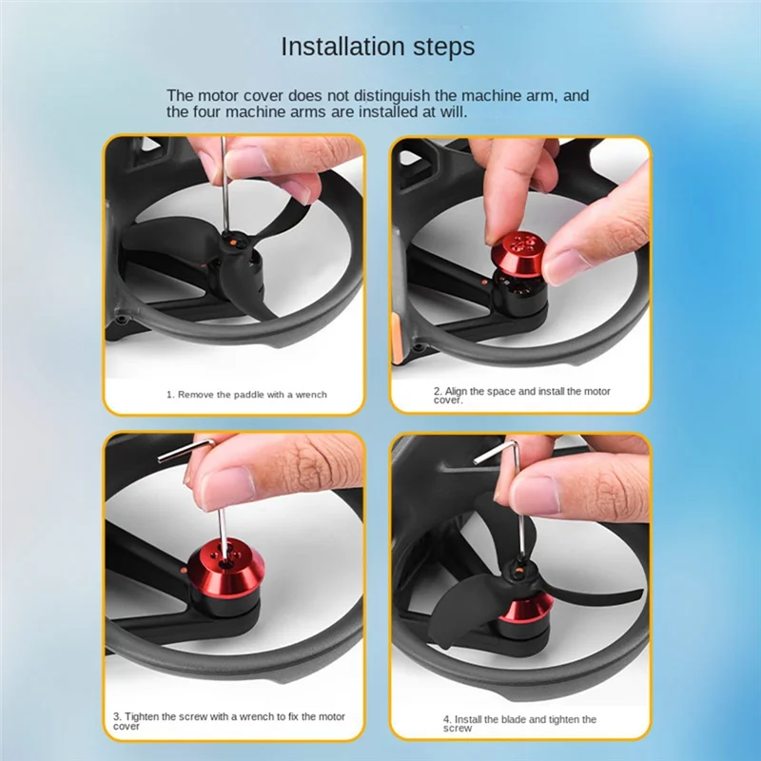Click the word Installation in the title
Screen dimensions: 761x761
[x=342, y=47]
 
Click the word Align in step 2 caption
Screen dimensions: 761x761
[x=457, y=391]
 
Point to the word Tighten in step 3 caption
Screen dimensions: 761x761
[x=144, y=717]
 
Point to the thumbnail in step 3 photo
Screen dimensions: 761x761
[x=228, y=488]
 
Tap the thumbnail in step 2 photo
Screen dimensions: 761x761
[x=566, y=265]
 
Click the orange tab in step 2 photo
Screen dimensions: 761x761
[x=396, y=339]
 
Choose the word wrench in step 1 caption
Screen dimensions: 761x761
[x=311, y=395]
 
